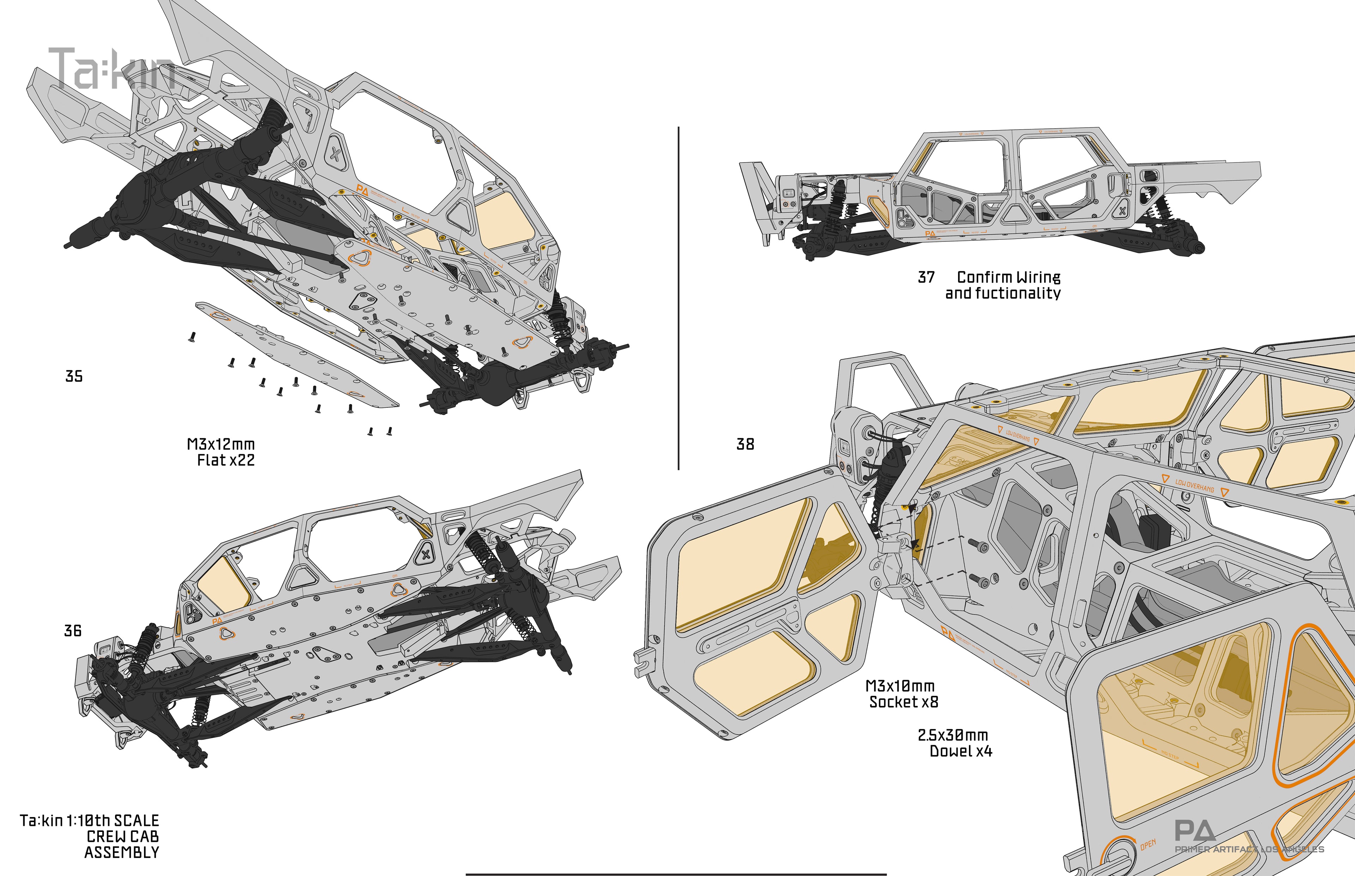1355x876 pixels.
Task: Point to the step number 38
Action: tap(745, 444)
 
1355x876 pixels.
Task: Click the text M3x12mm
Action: tap(221, 444)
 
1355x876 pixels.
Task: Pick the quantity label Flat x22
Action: tap(226, 460)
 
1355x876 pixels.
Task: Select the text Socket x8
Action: tap(904, 702)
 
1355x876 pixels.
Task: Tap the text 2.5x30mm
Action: tap(952, 735)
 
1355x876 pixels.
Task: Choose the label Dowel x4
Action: tap(961, 751)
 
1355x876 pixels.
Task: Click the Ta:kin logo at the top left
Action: tap(112, 69)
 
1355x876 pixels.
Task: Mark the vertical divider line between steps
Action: tap(679, 298)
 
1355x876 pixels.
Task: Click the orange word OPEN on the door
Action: tap(1148, 845)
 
